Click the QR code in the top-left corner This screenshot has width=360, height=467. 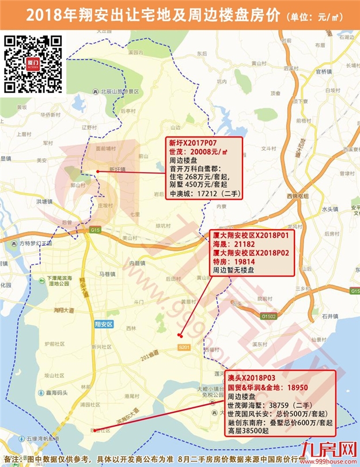point(33,64)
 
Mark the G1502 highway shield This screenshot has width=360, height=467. point(269,316)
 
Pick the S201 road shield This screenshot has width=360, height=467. point(184,347)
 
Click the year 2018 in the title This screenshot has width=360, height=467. point(58,16)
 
